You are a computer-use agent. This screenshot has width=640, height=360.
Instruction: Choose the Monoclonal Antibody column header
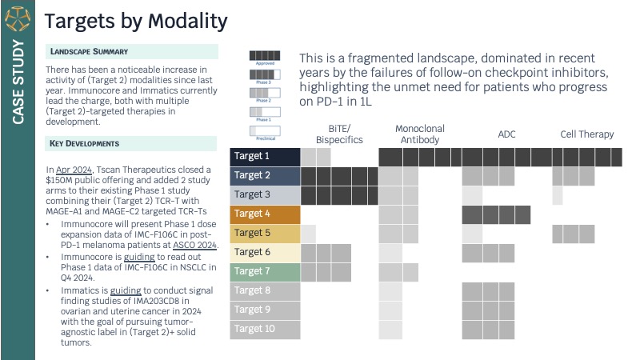420,134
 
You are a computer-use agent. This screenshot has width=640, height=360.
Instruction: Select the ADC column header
506,134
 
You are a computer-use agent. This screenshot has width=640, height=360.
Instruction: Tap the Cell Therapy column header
587,134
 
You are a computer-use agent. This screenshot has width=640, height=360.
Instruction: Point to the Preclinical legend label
263,138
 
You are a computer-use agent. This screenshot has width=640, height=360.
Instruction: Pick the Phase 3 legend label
263,82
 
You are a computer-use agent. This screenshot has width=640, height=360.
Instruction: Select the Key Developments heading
85,144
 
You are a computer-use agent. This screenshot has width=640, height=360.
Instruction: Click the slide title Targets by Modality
135,21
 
